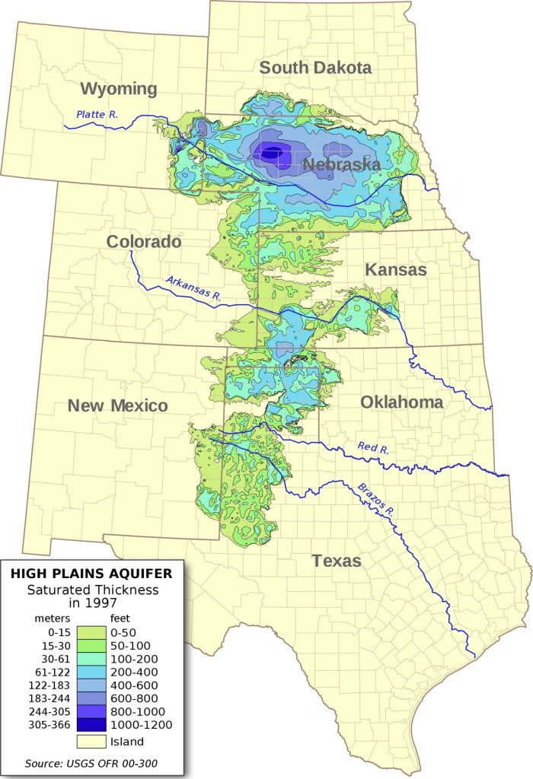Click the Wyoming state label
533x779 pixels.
point(119,88)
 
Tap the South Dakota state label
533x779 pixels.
point(315,67)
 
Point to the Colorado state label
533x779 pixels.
point(144,242)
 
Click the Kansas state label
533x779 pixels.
point(395,269)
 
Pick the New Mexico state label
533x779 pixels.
point(117,405)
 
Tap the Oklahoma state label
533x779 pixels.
point(401,402)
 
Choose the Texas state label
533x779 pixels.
point(336,561)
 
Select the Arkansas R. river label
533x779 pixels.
point(193,290)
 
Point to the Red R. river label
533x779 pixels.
point(373,448)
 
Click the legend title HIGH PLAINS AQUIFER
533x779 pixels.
point(91,573)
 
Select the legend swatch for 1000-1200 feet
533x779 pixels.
point(91,724)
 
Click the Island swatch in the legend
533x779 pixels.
point(91,740)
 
